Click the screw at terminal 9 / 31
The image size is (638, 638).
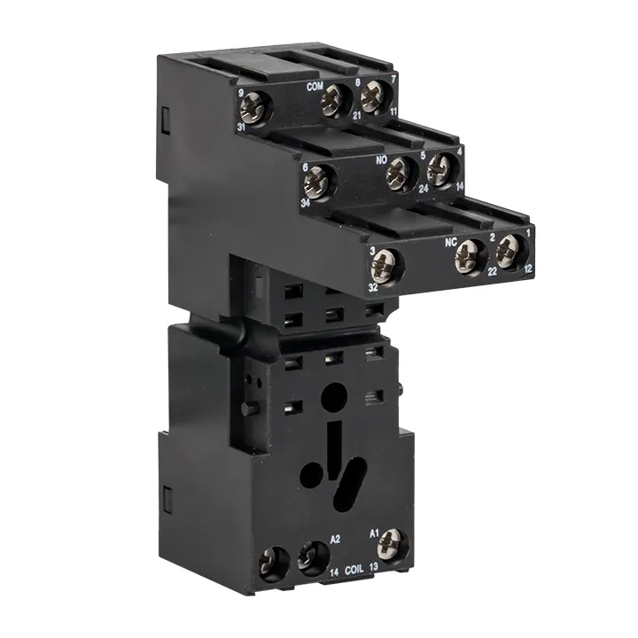(256, 107)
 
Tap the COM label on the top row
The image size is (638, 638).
(314, 87)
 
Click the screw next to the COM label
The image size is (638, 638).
(335, 101)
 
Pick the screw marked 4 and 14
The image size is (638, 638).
(440, 169)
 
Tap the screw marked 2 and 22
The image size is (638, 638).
(470, 257)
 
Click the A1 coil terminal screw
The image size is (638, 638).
(391, 543)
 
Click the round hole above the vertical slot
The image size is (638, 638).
(335, 393)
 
